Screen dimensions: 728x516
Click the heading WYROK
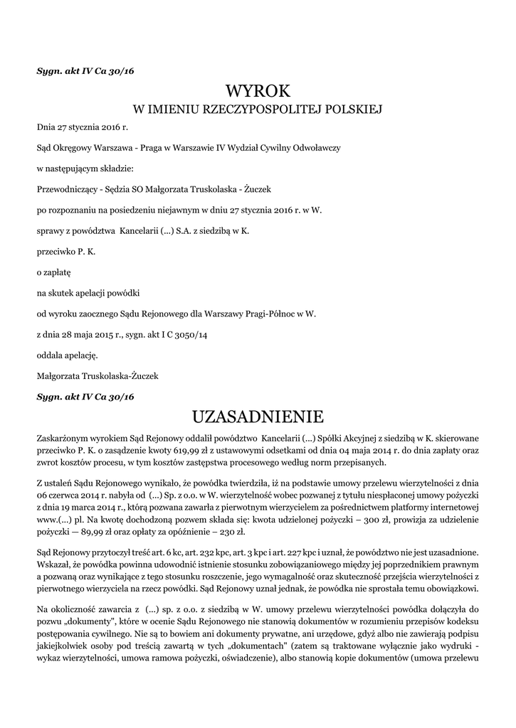(x=258, y=91)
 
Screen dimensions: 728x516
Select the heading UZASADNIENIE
(x=258, y=415)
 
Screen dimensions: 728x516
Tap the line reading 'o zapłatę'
(x=53, y=272)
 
